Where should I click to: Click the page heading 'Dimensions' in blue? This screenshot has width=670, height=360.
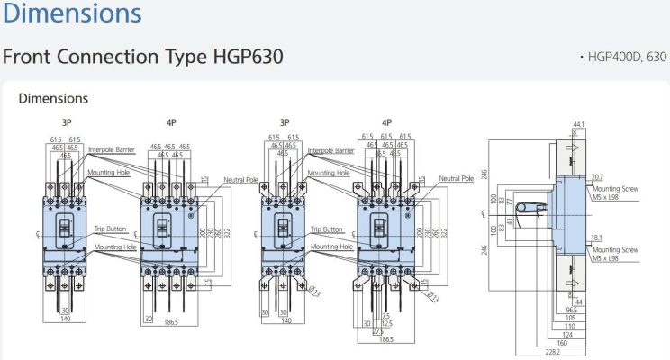coord(71,14)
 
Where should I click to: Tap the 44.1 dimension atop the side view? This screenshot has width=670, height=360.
coord(578,123)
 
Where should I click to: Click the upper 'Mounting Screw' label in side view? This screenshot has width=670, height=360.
coord(615,190)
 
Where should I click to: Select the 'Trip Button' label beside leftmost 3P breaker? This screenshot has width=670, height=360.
coord(110,229)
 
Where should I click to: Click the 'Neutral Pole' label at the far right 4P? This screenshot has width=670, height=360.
coord(457,178)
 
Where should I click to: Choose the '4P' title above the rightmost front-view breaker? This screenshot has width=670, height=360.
coord(386,122)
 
